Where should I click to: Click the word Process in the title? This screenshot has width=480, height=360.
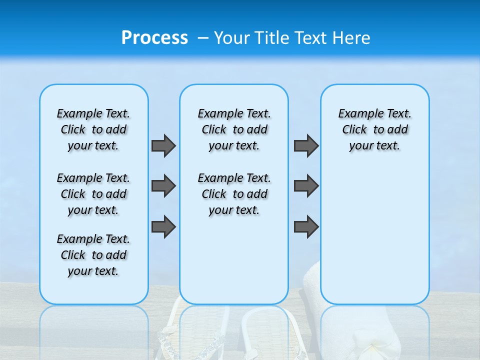point(154,37)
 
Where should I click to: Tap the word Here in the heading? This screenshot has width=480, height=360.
point(352,37)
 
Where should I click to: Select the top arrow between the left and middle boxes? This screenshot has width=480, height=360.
point(163,145)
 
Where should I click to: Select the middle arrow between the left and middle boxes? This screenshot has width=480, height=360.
point(163,186)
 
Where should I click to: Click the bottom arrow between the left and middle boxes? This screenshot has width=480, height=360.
point(163,227)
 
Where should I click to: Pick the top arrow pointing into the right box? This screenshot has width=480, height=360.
point(306,145)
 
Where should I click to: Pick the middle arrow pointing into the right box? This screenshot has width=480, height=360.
point(306,186)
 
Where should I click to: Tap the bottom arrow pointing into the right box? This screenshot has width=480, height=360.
point(306,227)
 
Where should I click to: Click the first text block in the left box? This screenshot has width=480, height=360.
point(93,129)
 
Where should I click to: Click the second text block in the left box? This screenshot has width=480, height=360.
point(93,194)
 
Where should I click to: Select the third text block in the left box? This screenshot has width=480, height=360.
point(93,255)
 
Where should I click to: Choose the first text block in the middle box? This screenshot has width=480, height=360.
point(234,129)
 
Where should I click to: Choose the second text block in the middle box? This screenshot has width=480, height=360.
point(234,194)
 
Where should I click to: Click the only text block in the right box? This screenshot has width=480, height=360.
point(374,129)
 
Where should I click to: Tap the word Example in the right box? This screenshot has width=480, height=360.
point(356,114)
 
